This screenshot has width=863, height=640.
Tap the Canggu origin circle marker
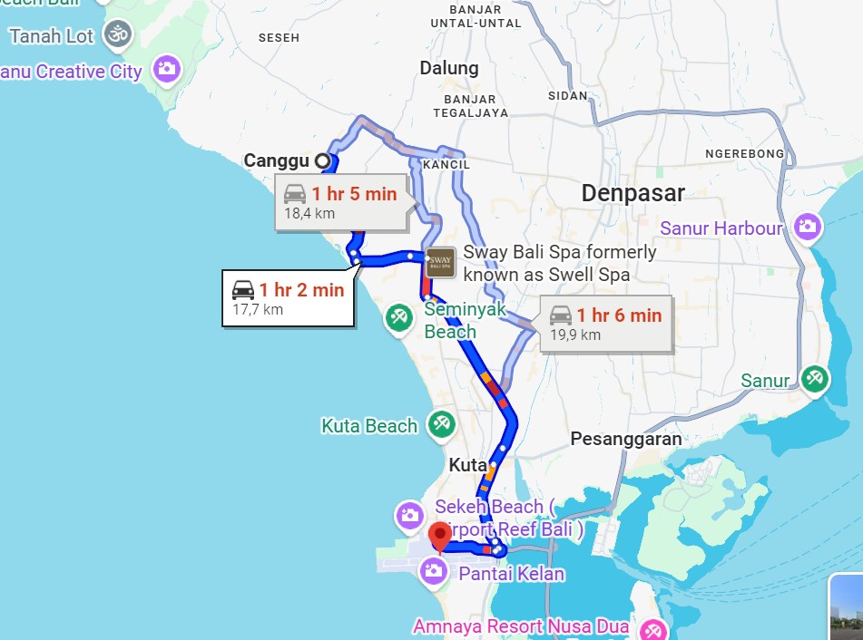(x=322, y=161)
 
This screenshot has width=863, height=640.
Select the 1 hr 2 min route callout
(x=289, y=298)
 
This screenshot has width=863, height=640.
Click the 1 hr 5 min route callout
(x=342, y=202)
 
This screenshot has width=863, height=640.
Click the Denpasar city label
(x=633, y=192)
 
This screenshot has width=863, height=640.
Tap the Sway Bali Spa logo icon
(x=440, y=262)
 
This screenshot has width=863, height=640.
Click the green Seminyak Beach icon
(x=398, y=317)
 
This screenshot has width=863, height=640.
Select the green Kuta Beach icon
(x=442, y=424)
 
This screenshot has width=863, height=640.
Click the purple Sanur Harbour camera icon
(x=807, y=228)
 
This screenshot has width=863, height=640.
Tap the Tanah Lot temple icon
(x=118, y=35)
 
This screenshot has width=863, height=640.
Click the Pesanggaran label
(x=625, y=439)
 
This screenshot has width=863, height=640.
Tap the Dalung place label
(x=448, y=68)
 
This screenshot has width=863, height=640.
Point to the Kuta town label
(x=468, y=465)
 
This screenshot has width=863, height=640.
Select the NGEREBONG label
(x=744, y=154)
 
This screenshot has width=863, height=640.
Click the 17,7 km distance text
(x=258, y=310)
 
